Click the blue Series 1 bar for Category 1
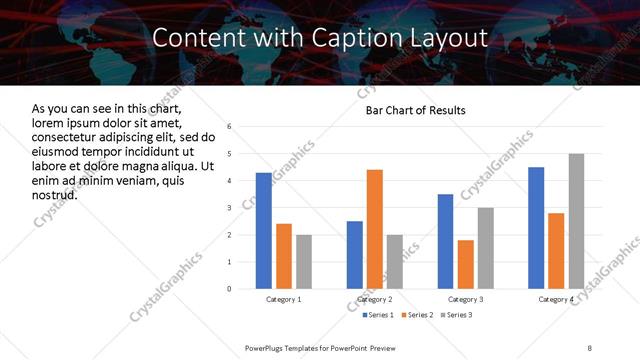pos(264,231)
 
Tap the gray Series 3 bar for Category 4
pos(576,221)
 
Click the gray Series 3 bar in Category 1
pos(304,262)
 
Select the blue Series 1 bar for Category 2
pos(355,255)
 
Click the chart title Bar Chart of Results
pos(415,109)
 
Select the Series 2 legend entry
pos(416,316)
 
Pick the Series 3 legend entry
pos(456,316)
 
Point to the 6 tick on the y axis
pos(229,127)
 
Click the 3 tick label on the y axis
pos(229,208)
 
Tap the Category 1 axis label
pos(284,299)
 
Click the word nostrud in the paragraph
pos(53,194)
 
